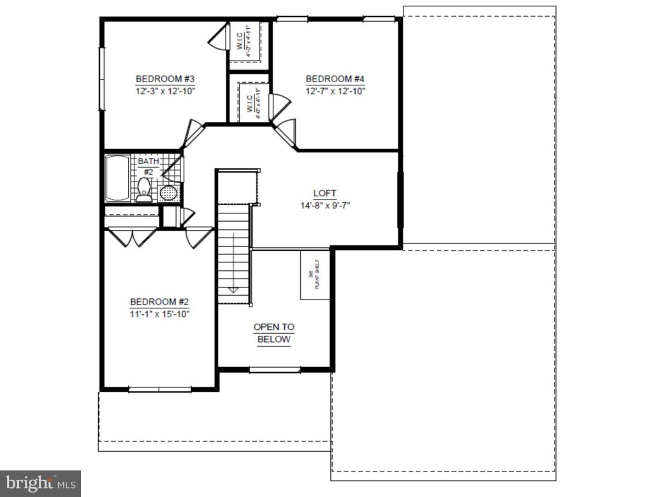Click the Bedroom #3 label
coord(164,79)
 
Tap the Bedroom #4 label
coord(335,79)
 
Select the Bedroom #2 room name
coord(159,302)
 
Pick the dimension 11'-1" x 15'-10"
coord(159,313)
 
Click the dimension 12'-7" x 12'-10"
coord(335,90)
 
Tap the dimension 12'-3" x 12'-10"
coord(164,90)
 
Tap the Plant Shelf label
coord(314,275)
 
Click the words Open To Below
coord(274,333)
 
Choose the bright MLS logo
coord(40,483)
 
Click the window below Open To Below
coord(274,370)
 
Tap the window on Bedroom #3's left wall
coord(101,79)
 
